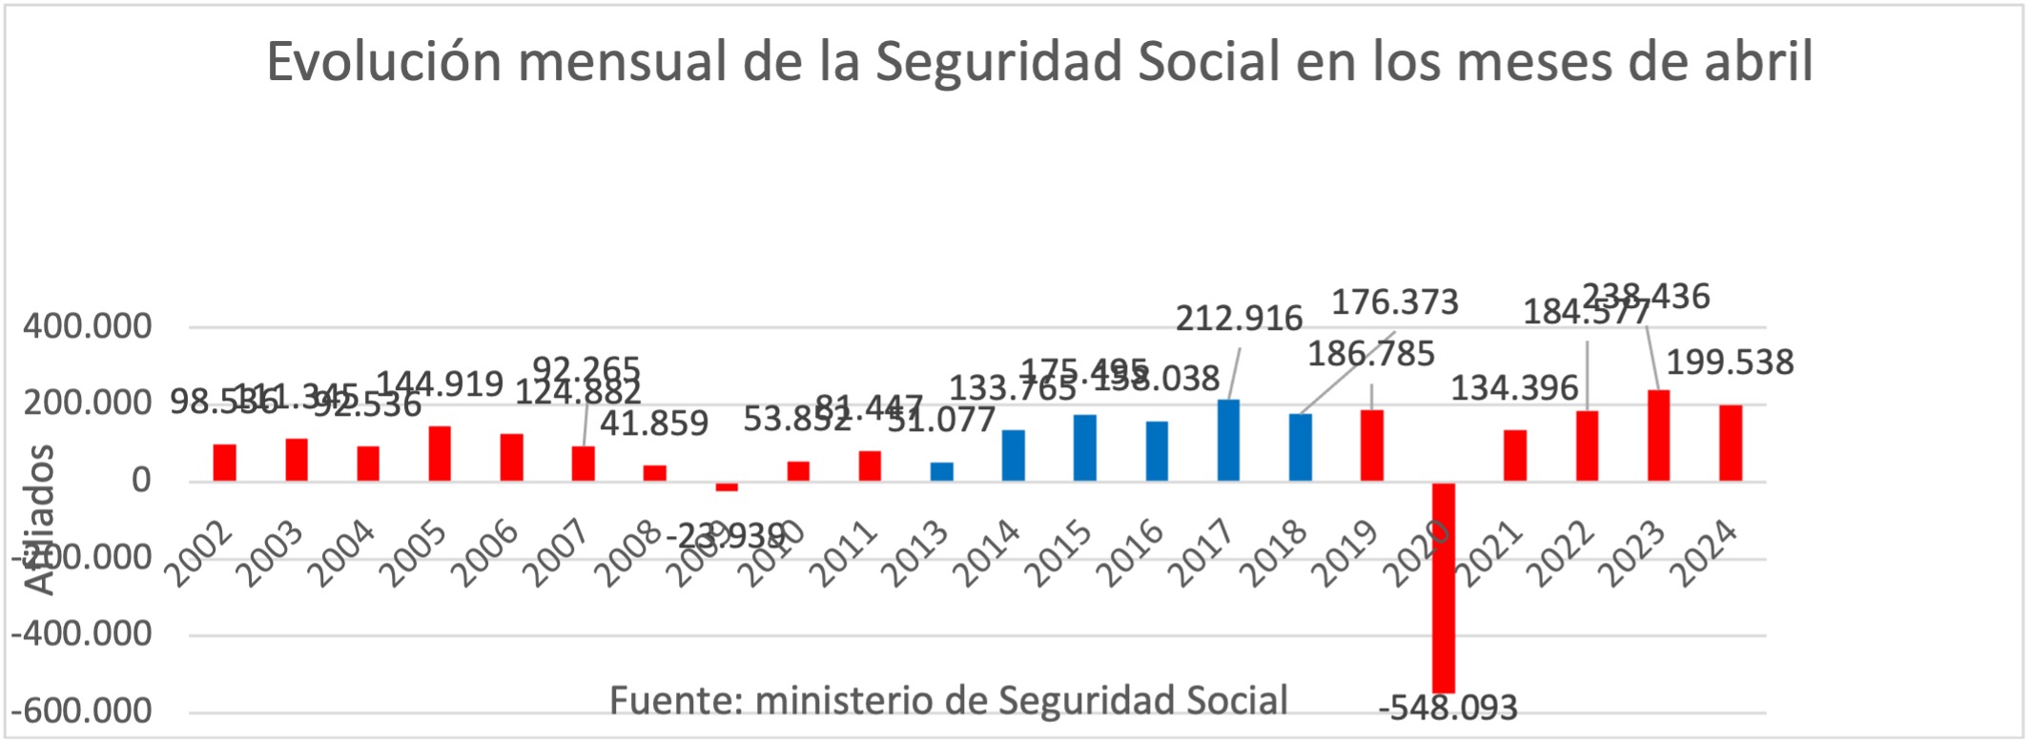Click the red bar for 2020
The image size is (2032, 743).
(1444, 587)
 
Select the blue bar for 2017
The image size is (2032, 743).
(1228, 440)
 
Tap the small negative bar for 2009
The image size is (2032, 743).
(727, 486)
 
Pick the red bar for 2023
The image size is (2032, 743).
(1658, 435)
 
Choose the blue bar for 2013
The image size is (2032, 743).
(941, 472)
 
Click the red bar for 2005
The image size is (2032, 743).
(440, 453)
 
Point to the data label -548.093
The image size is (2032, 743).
(1447, 709)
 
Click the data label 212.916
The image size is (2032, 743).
(1239, 319)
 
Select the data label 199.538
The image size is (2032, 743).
(1730, 362)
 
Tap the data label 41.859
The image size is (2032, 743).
(654, 423)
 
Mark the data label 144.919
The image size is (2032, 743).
(440, 383)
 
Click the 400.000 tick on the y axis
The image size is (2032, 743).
(88, 327)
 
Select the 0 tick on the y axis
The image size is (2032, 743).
(141, 480)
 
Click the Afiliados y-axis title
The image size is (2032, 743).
(40, 520)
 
